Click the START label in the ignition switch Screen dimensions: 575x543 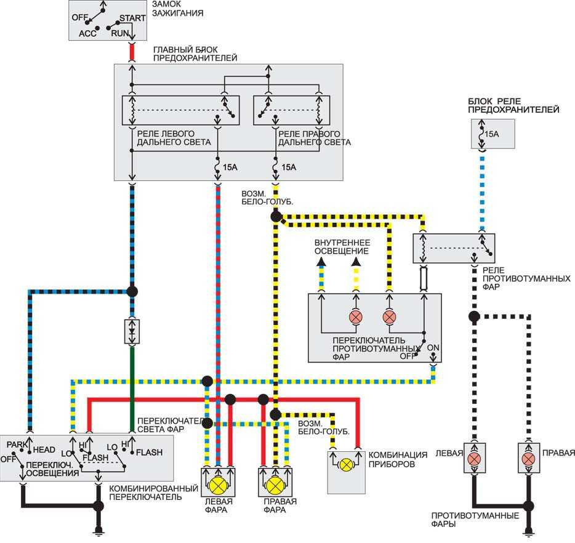tap(132, 18)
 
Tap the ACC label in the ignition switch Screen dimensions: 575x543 tap(87, 33)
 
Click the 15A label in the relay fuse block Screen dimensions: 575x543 tap(491, 134)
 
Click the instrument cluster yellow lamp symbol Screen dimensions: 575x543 tap(346, 465)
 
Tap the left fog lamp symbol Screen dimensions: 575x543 tap(474, 458)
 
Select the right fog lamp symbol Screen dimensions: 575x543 tap(528, 458)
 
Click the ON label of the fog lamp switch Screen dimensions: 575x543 tap(433, 347)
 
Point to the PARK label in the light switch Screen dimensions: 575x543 tap(17, 444)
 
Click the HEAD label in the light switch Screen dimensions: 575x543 tap(44, 450)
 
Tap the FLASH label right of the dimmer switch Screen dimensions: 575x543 tap(149, 452)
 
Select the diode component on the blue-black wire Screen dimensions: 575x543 tap(132, 332)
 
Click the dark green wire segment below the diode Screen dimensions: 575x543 tap(132, 388)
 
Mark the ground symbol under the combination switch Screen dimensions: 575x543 tap(98, 530)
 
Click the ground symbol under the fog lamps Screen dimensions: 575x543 tap(528, 531)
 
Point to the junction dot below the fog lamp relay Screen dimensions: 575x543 tap(474, 316)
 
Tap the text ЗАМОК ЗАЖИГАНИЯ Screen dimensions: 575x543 tap(177, 9)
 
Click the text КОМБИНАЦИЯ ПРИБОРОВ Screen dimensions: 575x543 tap(398, 459)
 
